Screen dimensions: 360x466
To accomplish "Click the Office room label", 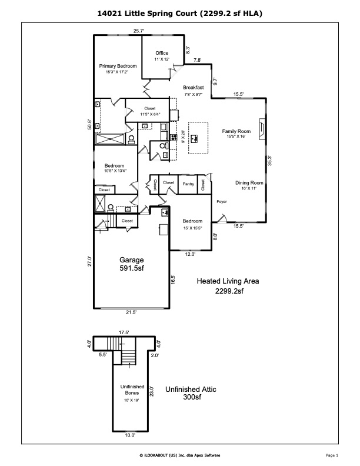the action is click(162, 53).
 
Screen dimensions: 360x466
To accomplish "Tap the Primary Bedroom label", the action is click(118, 66).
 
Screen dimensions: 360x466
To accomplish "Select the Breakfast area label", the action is click(194, 87).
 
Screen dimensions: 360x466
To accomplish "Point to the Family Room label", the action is click(236, 131).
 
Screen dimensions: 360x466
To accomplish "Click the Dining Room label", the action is click(249, 183).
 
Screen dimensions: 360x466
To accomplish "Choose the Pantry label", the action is click(188, 184).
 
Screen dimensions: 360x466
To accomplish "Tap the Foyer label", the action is click(222, 201).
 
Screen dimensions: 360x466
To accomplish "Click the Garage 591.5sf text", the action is click(132, 264).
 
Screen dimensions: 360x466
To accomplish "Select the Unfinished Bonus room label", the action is click(132, 390).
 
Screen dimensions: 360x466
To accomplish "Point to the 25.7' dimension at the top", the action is click(139, 31).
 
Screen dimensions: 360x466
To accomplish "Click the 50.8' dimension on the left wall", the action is click(89, 124).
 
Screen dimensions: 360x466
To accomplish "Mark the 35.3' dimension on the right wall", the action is click(269, 161).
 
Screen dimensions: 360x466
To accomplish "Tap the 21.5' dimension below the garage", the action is click(131, 312).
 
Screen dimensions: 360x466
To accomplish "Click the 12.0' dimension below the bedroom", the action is click(190, 254).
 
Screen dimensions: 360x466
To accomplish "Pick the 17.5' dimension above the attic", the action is click(124, 332).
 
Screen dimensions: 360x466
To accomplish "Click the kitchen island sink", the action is click(195, 138).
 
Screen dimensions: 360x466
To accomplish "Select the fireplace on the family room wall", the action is click(261, 129).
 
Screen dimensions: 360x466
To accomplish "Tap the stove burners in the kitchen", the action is click(174, 137).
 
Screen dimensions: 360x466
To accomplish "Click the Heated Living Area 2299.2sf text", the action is click(228, 286).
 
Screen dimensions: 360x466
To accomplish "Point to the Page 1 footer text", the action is click(332, 455).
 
